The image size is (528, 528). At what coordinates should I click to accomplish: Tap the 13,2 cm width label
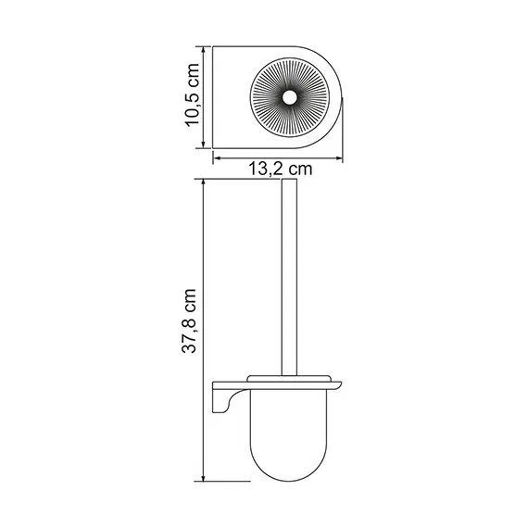click(279, 170)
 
